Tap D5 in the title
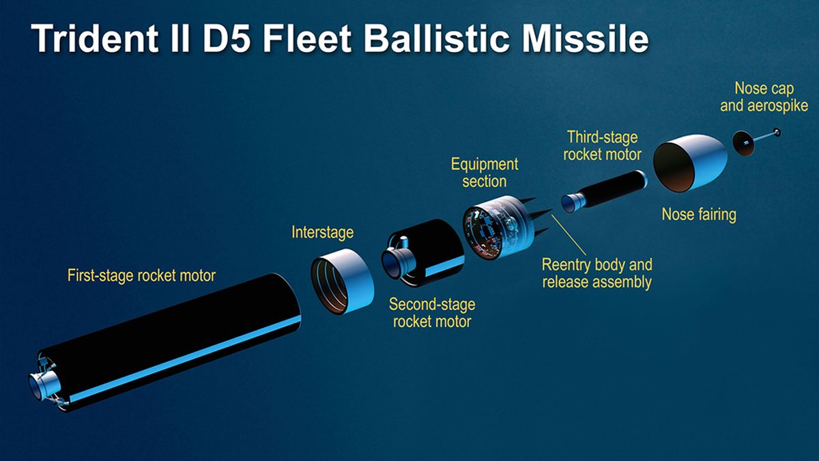(x=227, y=38)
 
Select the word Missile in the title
(x=586, y=38)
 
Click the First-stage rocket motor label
(x=141, y=275)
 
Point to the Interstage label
(x=322, y=232)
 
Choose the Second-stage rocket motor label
(x=432, y=313)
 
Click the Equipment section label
(x=485, y=173)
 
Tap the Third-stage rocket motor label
(x=602, y=145)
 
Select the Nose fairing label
(x=699, y=214)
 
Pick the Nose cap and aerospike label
(x=764, y=97)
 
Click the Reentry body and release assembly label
(x=597, y=273)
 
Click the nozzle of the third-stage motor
(x=571, y=202)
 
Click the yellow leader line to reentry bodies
(x=569, y=235)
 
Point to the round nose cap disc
(x=743, y=143)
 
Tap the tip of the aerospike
(x=777, y=132)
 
